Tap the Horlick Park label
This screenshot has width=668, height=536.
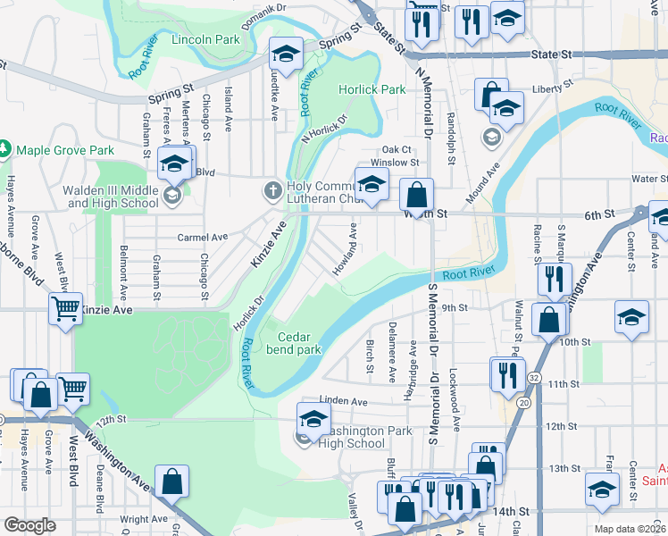tap(372, 89)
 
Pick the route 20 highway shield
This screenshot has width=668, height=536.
tap(522, 404)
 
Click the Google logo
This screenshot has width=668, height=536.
tap(29, 525)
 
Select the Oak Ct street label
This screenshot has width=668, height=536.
tap(397, 149)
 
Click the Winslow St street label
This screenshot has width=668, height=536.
tap(395, 163)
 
